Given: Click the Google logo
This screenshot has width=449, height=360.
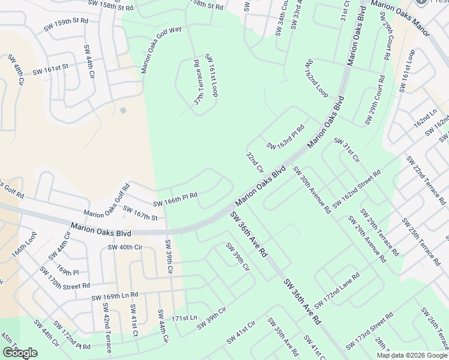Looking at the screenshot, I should tap(20, 353).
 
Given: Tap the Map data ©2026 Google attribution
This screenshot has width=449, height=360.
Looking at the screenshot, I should tap(412, 355).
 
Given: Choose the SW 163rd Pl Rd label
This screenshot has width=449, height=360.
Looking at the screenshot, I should tap(286, 137).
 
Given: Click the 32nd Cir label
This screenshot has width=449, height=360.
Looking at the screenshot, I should tap(255, 162).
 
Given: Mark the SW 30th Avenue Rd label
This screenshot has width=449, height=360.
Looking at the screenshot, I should tap(312, 189).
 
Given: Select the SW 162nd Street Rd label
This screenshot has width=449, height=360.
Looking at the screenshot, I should tap(357, 190).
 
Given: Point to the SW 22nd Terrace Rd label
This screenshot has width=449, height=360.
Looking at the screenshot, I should tap(427, 181).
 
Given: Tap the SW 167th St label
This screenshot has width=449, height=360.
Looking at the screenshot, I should tap(140, 212).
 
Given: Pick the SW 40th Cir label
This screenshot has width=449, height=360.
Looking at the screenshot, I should tap(125, 247).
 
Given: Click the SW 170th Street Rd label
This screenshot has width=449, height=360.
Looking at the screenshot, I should tap(65, 278).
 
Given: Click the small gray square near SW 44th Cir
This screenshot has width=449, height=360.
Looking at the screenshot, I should tap(123, 110).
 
